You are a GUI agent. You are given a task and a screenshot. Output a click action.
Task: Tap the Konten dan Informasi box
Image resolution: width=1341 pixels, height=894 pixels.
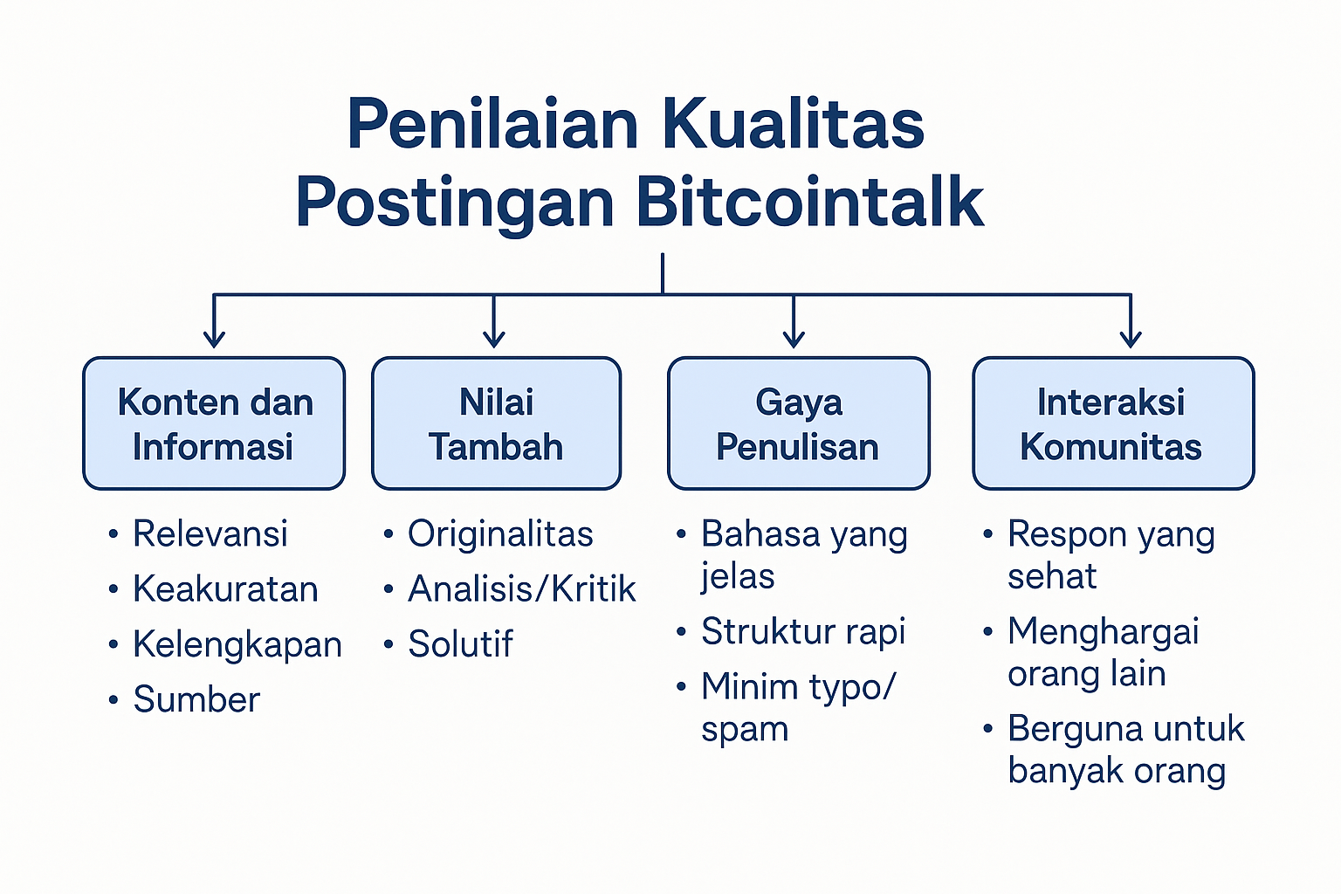[214, 423]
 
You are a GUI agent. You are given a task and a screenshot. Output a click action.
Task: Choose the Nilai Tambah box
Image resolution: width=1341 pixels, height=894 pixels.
[496, 423]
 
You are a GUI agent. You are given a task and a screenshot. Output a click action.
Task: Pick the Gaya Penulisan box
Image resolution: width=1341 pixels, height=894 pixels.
[799, 423]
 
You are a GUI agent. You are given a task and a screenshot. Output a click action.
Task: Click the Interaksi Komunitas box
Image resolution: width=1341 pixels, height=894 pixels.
[1113, 423]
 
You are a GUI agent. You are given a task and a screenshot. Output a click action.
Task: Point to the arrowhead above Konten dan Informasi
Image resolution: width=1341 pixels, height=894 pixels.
[214, 339]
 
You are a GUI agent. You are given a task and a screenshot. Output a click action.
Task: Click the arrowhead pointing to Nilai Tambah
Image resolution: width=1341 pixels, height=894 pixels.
[493, 339]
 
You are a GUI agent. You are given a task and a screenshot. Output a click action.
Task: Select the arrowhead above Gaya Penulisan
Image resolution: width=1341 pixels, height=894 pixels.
[794, 339]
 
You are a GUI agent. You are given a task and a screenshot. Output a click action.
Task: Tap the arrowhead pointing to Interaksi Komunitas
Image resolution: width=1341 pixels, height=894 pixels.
[1131, 339]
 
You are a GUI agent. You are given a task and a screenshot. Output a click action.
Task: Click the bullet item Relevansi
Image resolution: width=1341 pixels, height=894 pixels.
[210, 533]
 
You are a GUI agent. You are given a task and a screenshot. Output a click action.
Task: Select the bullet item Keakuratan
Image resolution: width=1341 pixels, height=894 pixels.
[225, 588]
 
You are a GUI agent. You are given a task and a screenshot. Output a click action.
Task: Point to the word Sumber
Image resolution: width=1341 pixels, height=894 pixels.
[196, 698]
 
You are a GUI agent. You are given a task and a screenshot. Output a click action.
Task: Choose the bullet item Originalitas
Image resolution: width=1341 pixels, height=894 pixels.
[500, 533]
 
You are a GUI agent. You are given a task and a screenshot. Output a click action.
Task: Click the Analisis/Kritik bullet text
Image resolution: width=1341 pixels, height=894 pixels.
[521, 588]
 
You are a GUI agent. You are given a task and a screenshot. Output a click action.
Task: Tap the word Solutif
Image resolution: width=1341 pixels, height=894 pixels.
[460, 643]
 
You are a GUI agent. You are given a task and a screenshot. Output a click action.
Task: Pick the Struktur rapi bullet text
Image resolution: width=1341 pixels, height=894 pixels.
[803, 631]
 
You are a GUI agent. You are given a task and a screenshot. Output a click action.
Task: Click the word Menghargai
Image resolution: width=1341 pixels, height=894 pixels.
[1104, 631]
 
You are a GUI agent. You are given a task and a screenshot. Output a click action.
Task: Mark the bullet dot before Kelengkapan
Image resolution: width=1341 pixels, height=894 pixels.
[113, 644]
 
